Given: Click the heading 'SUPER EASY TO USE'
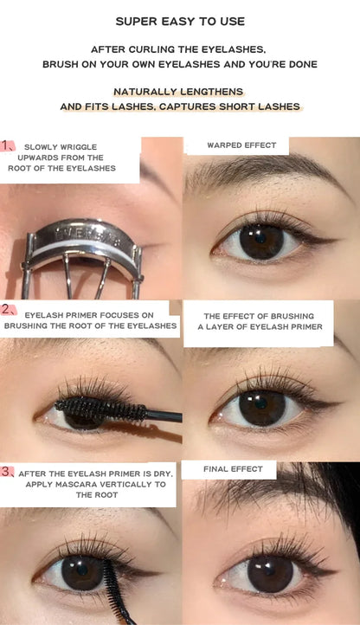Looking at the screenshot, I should [x=180, y=21].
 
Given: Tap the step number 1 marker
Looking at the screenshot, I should [x=8, y=145].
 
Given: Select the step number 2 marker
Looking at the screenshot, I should [x=8, y=309].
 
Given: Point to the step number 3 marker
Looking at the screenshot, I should [x=8, y=472].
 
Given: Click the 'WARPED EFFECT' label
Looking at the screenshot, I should [x=241, y=145].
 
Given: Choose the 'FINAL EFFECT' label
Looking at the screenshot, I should [x=233, y=469].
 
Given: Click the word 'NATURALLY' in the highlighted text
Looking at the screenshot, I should [x=144, y=91].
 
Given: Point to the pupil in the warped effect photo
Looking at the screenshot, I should [x=260, y=241].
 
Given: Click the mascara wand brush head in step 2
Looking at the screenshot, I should [x=95, y=407].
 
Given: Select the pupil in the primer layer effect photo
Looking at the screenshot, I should [x=260, y=407].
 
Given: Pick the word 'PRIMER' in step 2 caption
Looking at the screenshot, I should [x=90, y=316].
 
